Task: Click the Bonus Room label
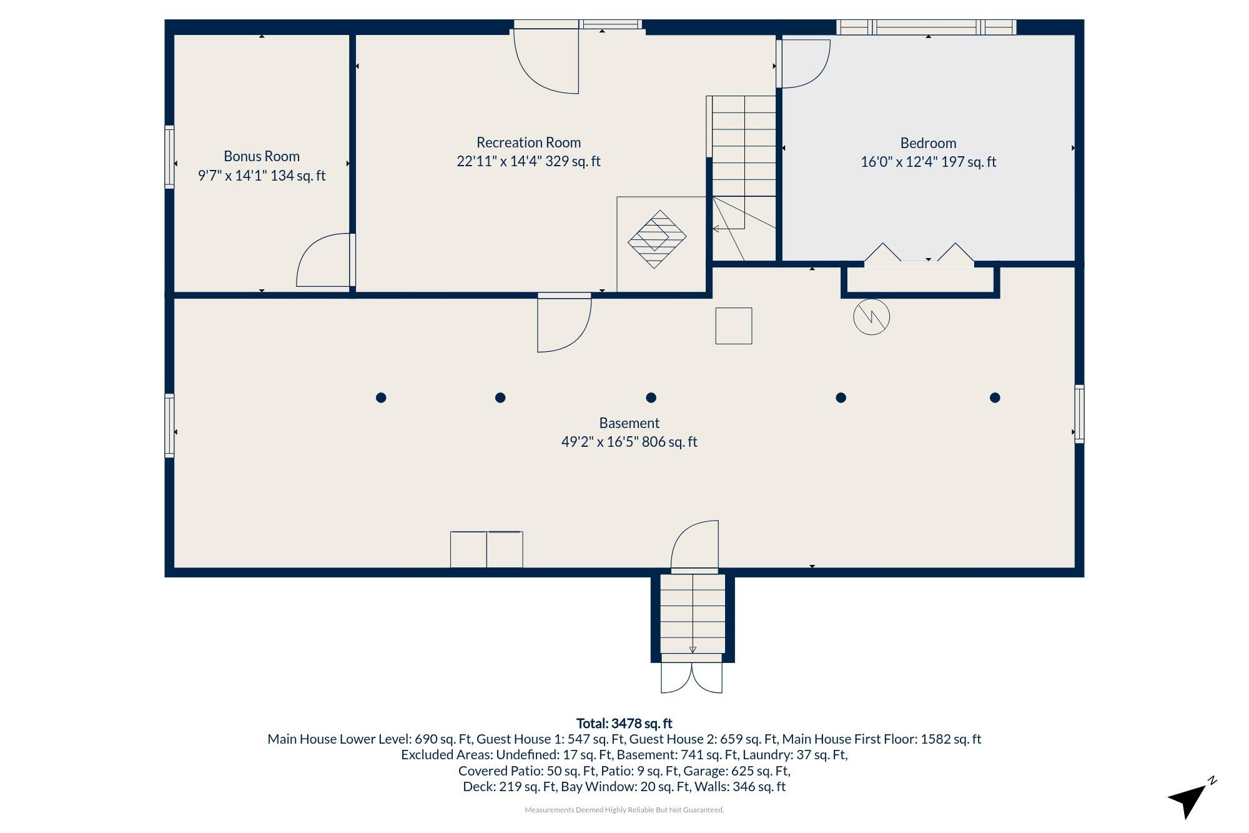point(262,156)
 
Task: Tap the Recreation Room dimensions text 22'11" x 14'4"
point(498,161)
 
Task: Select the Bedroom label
point(928,143)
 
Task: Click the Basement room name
point(629,423)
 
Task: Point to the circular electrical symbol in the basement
point(871,317)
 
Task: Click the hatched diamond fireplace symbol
point(656,239)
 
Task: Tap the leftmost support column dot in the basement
point(381,397)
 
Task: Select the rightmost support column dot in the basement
point(995,397)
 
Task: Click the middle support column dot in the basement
point(651,397)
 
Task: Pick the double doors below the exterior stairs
point(692,677)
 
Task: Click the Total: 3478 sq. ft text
point(624,723)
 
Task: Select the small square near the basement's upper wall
point(734,326)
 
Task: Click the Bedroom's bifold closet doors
point(919,255)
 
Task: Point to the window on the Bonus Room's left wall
point(169,156)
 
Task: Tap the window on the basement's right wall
point(1079,414)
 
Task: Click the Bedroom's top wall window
point(926,27)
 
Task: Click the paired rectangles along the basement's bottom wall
point(486,549)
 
